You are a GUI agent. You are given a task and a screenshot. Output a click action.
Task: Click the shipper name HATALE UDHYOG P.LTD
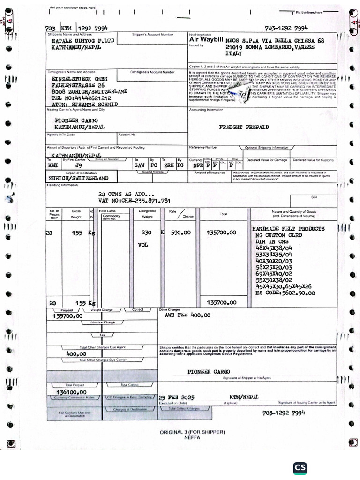pos(82,41)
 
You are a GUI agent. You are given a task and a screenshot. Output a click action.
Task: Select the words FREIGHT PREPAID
pos(244,127)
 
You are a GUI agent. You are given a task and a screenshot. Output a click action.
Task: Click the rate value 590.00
pos(180,232)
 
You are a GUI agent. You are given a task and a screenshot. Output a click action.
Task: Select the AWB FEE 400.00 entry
pos(187,315)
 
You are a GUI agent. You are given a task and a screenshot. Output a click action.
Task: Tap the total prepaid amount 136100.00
pos(71,392)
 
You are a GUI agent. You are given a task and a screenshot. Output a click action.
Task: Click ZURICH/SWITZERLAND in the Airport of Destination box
pos(78,178)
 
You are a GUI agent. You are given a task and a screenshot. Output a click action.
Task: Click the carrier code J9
pos(79,165)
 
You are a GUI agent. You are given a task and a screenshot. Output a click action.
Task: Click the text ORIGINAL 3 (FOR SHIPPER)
pos(192,432)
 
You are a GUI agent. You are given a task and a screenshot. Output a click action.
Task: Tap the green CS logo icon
pos(300,468)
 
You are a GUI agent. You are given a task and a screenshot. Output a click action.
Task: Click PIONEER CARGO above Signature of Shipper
pos(209,372)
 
